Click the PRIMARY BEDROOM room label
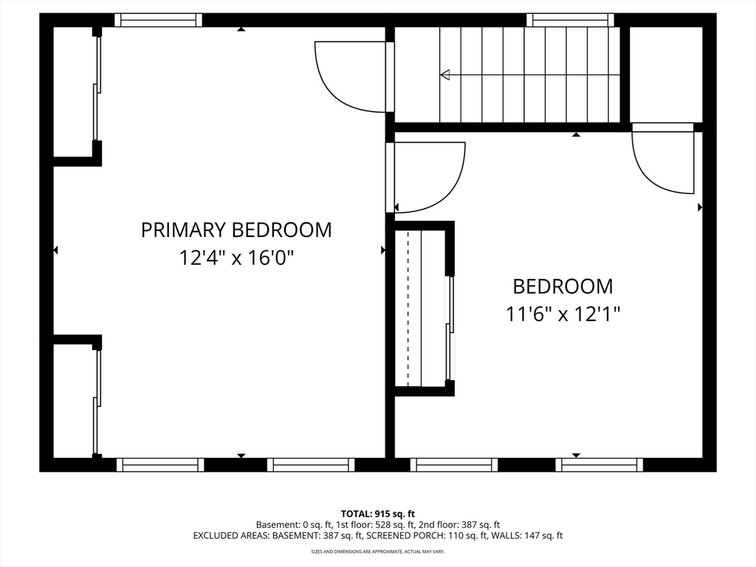(x=236, y=230)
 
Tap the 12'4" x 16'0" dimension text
(x=236, y=258)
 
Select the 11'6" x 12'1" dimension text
(x=563, y=315)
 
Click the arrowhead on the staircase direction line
(x=445, y=75)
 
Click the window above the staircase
(x=571, y=20)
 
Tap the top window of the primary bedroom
(x=158, y=20)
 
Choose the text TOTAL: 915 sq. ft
(x=378, y=514)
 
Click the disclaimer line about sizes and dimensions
(x=378, y=551)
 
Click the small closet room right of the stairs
(x=666, y=75)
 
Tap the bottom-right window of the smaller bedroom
(x=599, y=465)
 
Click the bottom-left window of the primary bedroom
(x=160, y=465)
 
